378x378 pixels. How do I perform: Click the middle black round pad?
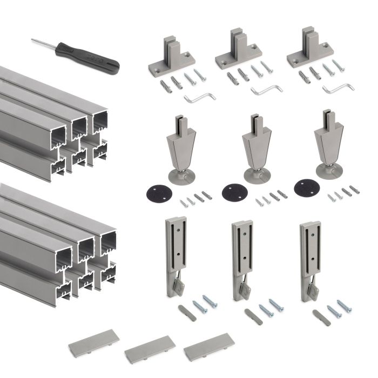point(233,192)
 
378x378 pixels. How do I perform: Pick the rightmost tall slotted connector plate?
point(310,256)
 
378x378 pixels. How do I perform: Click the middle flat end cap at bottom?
point(150,349)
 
